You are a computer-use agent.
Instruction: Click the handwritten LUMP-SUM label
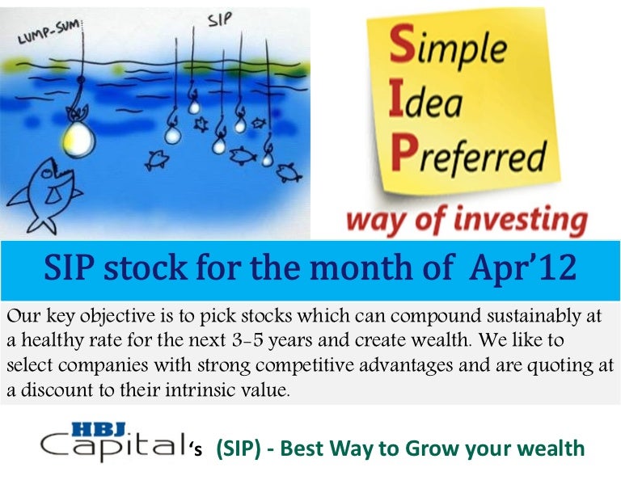pos(49,33)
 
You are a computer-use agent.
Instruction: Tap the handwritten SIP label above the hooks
pos(220,19)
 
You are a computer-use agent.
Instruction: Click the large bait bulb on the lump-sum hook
pos(78,138)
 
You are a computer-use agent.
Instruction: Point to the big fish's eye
pos(48,173)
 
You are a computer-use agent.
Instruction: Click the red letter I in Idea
pos(396,99)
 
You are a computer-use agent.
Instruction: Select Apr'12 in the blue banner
pos(523,268)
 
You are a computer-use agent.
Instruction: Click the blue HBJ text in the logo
pos(99,429)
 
